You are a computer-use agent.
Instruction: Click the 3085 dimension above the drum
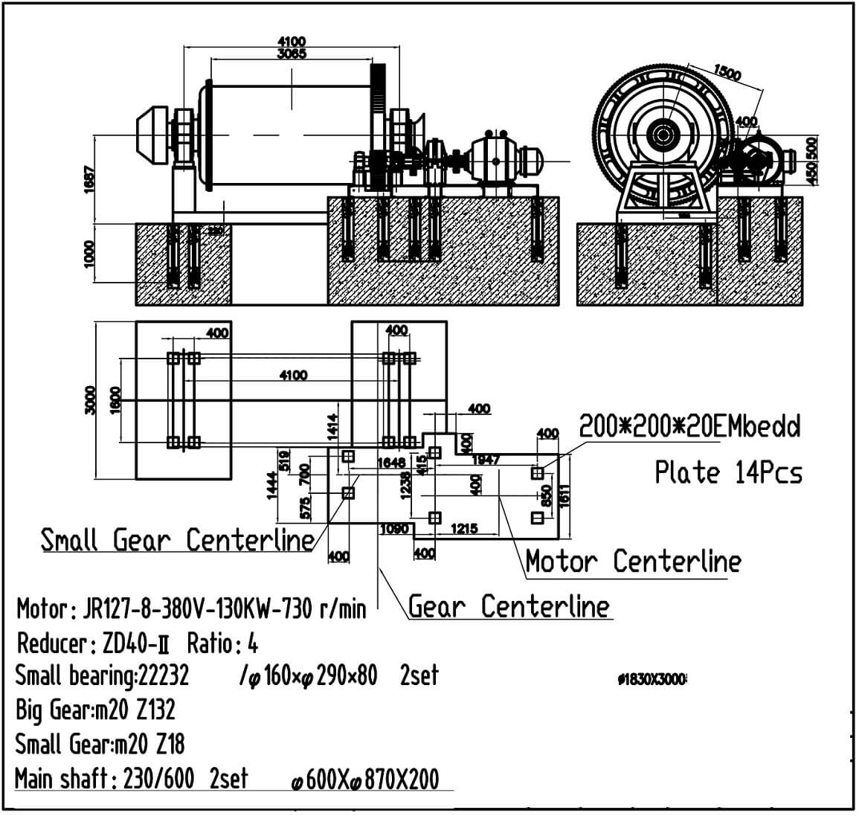pos(291,54)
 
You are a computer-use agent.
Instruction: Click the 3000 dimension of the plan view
pos(91,401)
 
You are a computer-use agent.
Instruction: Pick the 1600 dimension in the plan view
pos(114,401)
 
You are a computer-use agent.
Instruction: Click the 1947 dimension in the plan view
pos(486,460)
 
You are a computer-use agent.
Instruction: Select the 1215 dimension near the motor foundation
pos(464,529)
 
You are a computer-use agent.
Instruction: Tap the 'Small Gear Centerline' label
pos(177,540)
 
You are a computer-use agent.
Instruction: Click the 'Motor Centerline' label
pos(633,562)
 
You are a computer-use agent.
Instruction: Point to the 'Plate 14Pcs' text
pos(728,472)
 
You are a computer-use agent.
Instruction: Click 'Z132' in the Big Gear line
pos(155,710)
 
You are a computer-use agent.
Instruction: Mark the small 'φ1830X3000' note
pos(652,680)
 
